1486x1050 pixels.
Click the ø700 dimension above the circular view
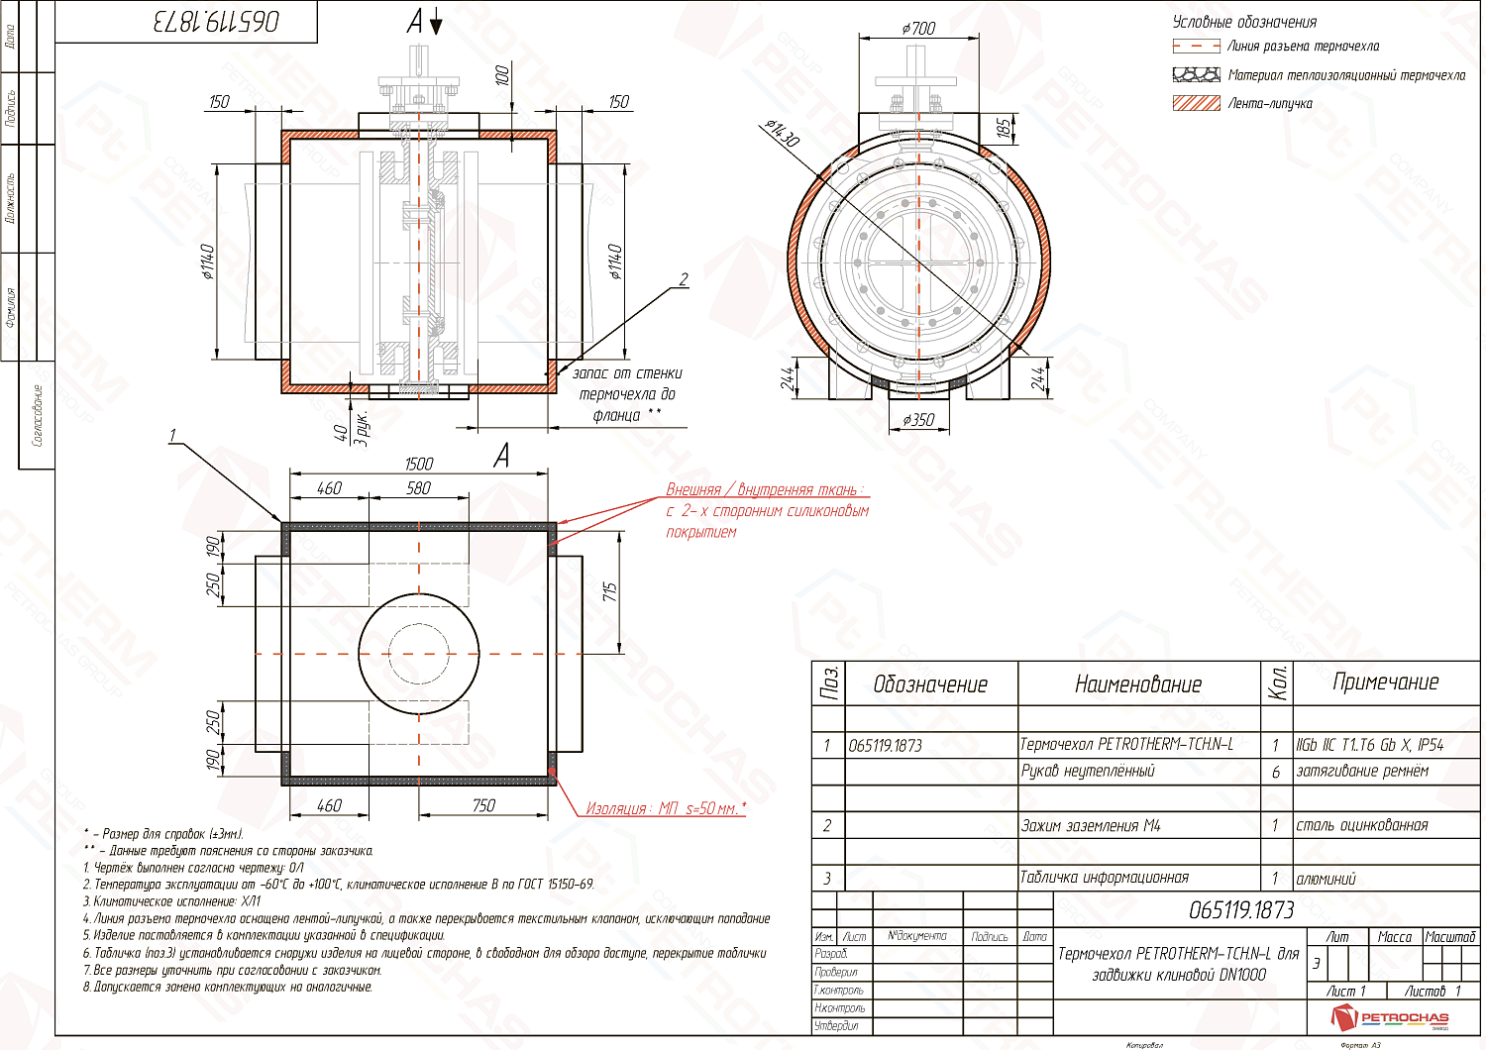click(918, 29)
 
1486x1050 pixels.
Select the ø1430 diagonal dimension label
click(782, 132)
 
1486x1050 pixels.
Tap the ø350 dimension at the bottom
click(918, 420)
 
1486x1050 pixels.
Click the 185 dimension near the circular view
click(1004, 128)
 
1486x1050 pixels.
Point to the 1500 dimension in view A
click(418, 464)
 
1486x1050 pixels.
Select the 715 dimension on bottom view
click(610, 591)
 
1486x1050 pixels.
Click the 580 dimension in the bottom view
click(418, 488)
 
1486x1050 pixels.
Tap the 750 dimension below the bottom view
click(483, 805)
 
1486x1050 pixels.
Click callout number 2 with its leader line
click(684, 279)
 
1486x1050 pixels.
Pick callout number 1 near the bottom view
click(173, 436)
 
